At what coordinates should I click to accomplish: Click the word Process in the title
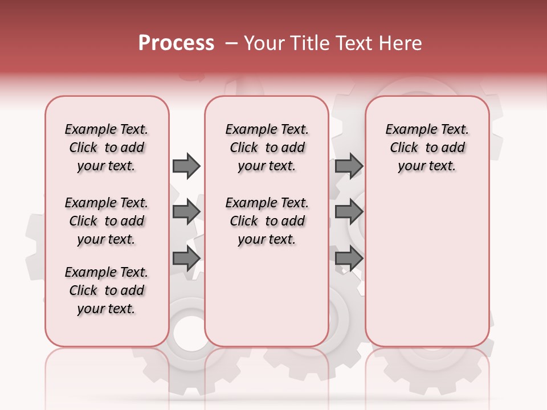pos(176,43)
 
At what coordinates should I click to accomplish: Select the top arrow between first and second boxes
pos(186,166)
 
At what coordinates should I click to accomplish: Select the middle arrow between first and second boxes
pos(186,211)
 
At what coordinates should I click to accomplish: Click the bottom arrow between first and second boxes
pos(186,258)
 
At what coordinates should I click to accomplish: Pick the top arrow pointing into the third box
pos(349,166)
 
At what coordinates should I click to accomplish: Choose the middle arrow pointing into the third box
pos(349,211)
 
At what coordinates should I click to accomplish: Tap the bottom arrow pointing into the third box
pos(349,258)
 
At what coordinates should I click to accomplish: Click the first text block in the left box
pos(107,147)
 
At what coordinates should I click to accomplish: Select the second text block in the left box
pos(107,221)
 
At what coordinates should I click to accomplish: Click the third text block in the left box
pos(107,290)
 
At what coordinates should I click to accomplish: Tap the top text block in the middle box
pos(267,147)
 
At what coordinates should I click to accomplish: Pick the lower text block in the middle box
pos(267,221)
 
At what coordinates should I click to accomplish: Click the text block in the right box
pos(427,147)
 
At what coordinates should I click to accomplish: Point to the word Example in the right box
pos(407,130)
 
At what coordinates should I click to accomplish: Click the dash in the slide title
pos(231,43)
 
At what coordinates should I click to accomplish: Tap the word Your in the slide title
pos(264,43)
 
